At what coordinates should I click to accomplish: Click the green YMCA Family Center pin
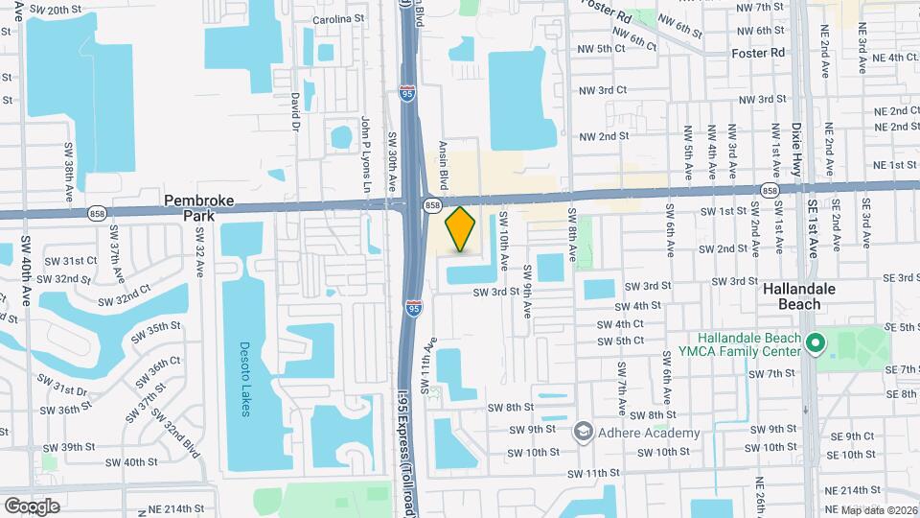pyautogui.click(x=815, y=342)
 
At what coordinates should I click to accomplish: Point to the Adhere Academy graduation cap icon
pyautogui.click(x=583, y=433)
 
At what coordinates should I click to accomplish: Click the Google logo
pyautogui.click(x=31, y=506)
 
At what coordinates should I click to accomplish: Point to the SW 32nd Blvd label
pyautogui.click(x=179, y=420)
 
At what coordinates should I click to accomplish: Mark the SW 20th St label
pyautogui.click(x=63, y=9)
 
